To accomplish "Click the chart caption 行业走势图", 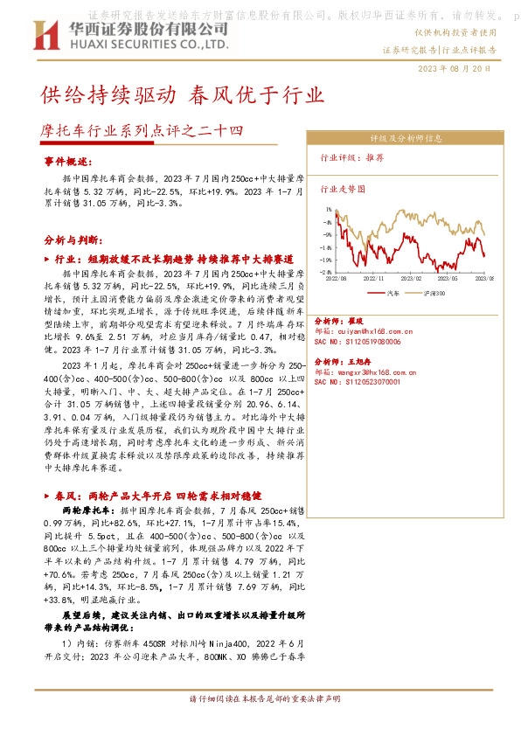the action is pyautogui.click(x=343, y=188).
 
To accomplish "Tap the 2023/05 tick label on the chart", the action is pyautogui.click(x=455, y=277).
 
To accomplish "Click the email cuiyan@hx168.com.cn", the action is pyautogui.click(x=365, y=331).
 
